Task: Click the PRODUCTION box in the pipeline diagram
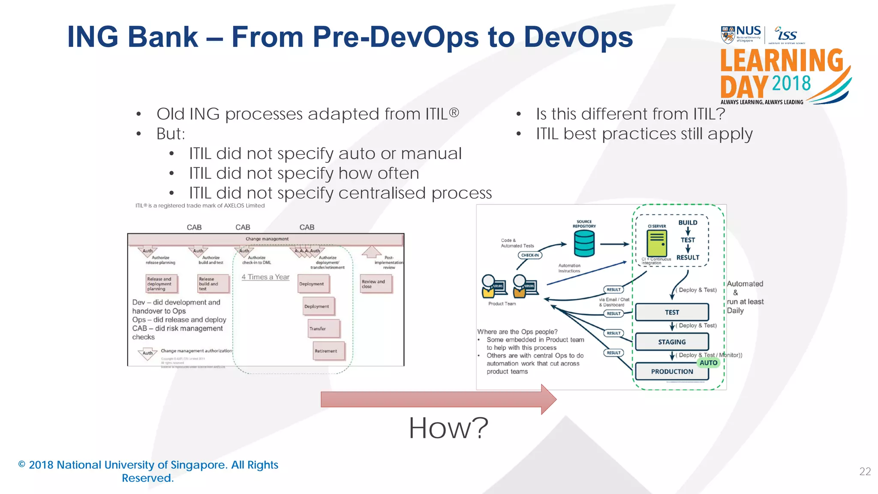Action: pos(672,371)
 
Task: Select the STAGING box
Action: pos(672,342)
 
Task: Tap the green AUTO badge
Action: pos(708,363)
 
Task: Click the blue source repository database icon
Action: pos(584,243)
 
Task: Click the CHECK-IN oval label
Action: pos(530,255)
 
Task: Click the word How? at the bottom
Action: pos(448,428)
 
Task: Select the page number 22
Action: pos(865,472)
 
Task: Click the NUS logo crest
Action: pos(728,35)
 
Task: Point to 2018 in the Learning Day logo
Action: pos(791,83)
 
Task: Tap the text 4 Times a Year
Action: pos(265,277)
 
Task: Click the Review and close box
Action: pos(376,284)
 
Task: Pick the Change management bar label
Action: pos(267,239)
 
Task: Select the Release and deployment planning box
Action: pos(161,284)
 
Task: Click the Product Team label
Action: pos(502,304)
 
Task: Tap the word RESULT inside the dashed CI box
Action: pos(688,257)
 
